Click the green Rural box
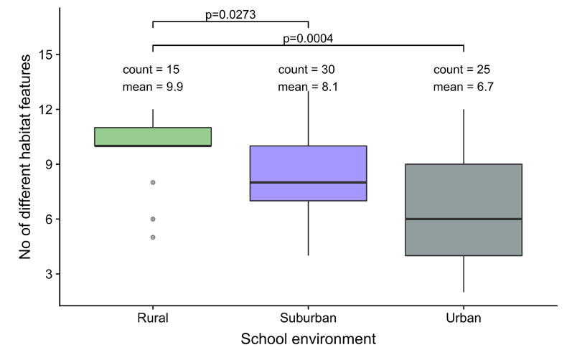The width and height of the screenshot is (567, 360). coord(153,136)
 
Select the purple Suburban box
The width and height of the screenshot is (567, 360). coord(308,165)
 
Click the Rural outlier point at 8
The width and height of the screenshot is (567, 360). coord(153,182)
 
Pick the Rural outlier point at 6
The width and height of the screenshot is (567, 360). coord(153,219)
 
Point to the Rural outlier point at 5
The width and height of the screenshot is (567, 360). coord(153,237)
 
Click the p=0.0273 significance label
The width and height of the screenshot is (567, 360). coord(230,14)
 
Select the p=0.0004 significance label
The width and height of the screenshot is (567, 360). coord(308,38)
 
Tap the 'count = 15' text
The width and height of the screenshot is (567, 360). coord(151,70)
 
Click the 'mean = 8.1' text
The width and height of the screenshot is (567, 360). coord(307,87)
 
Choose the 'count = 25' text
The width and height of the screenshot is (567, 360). coord(462,70)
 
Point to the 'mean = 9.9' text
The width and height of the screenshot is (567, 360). coord(151,87)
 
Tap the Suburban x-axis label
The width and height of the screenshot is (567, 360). coord(308,317)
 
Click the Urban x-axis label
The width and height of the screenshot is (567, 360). coord(463,317)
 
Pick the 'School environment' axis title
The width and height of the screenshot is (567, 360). coord(308,338)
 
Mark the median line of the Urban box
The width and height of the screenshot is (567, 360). coord(463,219)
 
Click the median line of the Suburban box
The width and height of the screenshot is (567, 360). coord(308,182)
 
